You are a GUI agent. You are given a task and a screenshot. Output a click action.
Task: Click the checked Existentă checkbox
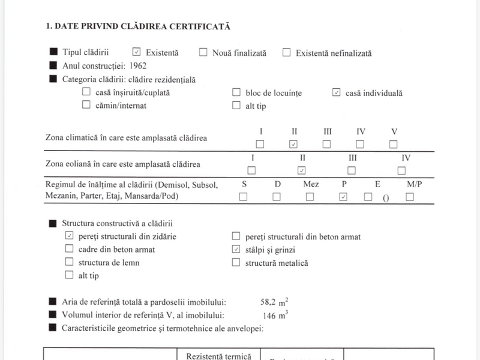pos(136,52)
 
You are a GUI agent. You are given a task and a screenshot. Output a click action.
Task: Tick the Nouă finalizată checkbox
pos(203,52)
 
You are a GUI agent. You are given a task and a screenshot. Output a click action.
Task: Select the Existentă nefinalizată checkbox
pos(286,52)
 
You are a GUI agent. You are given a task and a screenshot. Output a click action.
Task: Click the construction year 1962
pos(137,66)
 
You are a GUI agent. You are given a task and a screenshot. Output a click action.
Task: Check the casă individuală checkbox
pos(336,92)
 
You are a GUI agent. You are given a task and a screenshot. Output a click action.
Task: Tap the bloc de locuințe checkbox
pos(236,92)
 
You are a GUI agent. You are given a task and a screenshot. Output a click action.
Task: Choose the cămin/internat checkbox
pos(86,105)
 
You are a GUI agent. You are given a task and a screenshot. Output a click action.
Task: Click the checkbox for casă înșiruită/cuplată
pos(86,92)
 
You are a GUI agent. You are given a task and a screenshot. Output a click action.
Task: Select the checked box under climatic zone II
pos(293,144)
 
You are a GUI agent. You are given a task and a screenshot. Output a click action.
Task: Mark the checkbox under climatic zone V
pos(394,144)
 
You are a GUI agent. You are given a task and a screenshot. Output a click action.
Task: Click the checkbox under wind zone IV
pos(401,170)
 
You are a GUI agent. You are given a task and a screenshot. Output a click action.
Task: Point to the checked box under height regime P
pos(343,197)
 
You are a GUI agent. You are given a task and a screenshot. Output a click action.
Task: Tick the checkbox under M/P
pos(410,197)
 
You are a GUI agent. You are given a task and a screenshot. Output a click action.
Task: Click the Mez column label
pos(311,184)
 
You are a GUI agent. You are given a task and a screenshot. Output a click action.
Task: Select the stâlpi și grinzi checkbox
pos(236,249)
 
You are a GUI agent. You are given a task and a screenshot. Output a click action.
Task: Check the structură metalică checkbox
pos(236,262)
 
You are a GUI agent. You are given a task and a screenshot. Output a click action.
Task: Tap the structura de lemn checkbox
pos(69,262)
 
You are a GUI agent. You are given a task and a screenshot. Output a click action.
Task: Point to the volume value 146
pos(271,316)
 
